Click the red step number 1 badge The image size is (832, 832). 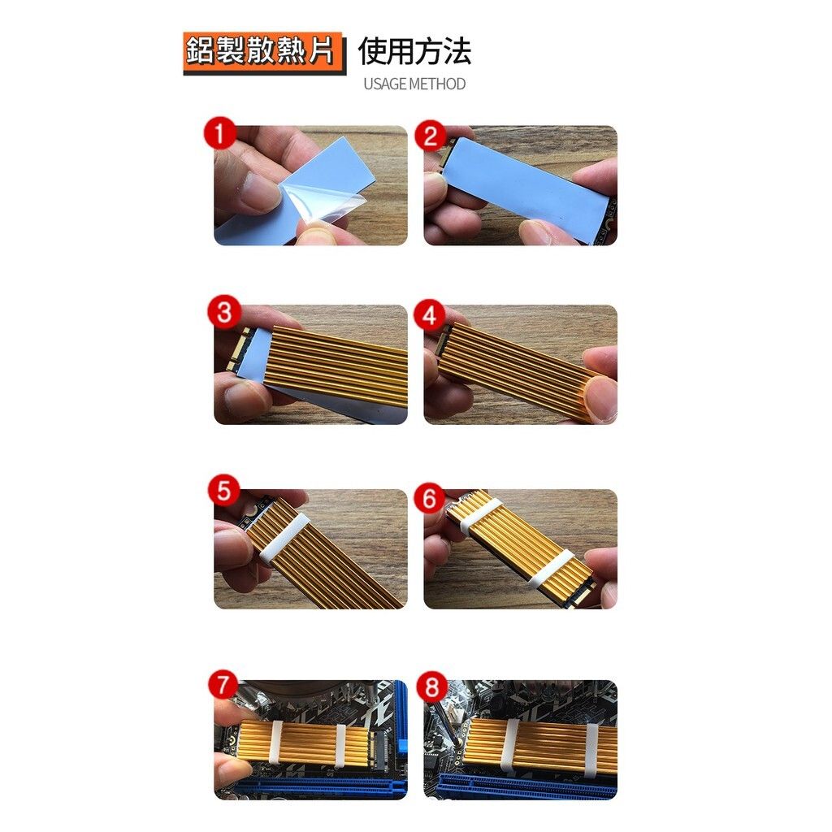coord(219,132)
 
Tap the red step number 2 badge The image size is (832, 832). coord(430,135)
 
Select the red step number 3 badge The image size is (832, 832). coord(223,313)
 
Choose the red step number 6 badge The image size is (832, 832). coord(430,497)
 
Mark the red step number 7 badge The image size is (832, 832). coord(223,683)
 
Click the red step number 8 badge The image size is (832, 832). coord(431,689)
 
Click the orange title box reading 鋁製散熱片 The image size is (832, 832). coord(262,52)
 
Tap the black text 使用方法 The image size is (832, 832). coord(414,52)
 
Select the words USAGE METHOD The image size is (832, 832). coord(414,84)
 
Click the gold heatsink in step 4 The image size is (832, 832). coord(520,370)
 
